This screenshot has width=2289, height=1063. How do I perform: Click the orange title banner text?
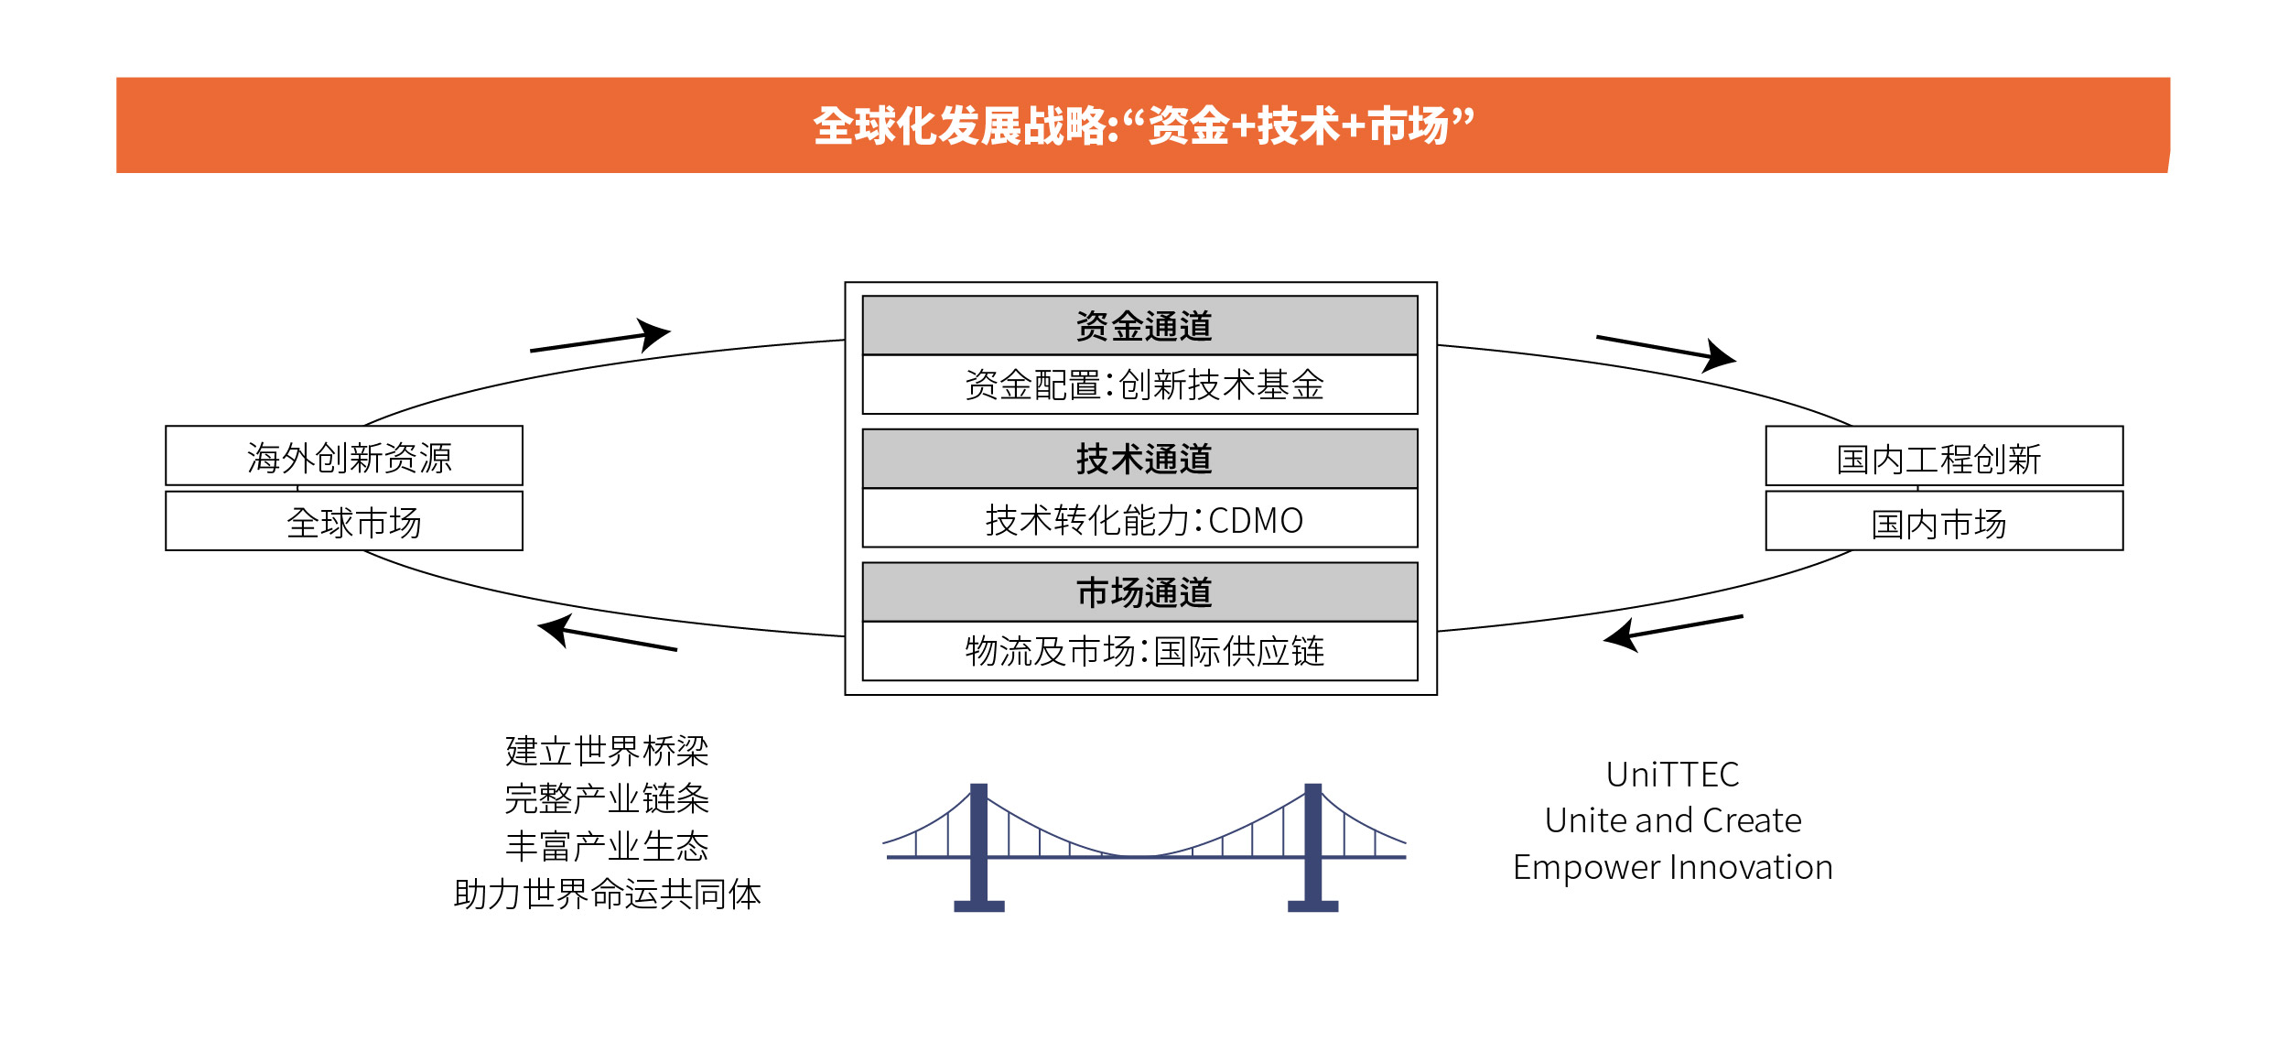(x=1143, y=125)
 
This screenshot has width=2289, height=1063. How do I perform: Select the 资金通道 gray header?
(x=1139, y=325)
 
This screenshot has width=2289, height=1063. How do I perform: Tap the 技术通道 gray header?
(x=1139, y=459)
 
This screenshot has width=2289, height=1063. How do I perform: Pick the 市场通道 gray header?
(x=1139, y=592)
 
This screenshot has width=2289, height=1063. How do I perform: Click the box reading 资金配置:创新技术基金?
(x=1139, y=385)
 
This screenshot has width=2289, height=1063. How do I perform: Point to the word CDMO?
(x=1255, y=520)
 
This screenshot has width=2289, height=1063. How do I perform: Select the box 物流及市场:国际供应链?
(x=1139, y=651)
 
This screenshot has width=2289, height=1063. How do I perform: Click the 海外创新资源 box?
(x=344, y=456)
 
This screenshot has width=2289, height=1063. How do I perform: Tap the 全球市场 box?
(x=344, y=521)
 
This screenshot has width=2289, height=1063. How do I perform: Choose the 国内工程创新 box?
(x=1943, y=456)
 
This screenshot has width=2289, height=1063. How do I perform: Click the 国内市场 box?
(x=1943, y=522)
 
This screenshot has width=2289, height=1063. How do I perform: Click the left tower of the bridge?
(x=978, y=846)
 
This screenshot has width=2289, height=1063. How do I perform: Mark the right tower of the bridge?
(x=1312, y=846)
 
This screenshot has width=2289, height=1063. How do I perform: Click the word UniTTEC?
(x=1672, y=775)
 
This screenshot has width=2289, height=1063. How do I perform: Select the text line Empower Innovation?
(x=1672, y=866)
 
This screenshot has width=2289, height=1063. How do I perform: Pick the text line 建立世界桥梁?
(x=607, y=751)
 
